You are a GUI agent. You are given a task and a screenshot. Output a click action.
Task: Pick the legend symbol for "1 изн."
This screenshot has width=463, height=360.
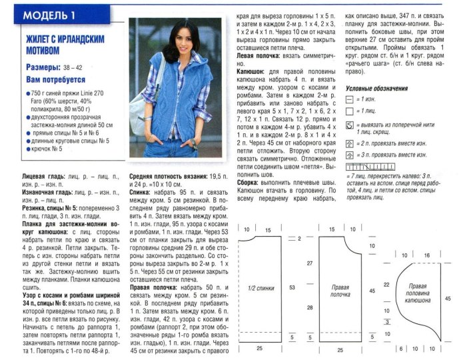[349, 100]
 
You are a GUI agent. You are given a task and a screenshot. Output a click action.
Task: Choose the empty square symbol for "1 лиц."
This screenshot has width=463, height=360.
[349, 111]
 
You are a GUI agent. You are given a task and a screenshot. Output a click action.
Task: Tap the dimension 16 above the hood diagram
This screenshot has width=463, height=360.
[426, 256]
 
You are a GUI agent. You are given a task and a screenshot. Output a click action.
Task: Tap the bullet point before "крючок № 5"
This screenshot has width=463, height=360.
[29, 149]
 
